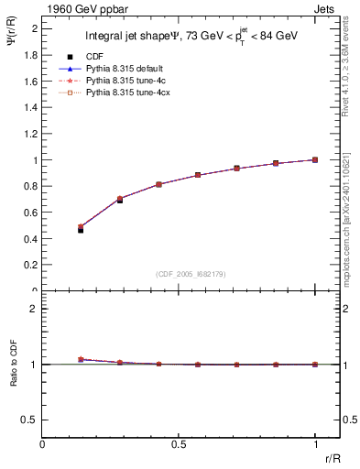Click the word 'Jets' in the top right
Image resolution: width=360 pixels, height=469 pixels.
click(x=327, y=8)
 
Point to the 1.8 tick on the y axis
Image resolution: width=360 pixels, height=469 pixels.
click(x=32, y=54)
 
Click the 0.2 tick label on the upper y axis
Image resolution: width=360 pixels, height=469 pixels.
click(x=32, y=265)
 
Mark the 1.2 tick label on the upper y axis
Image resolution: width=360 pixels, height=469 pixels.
click(x=32, y=133)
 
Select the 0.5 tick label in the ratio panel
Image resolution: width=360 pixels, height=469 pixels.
click(x=32, y=420)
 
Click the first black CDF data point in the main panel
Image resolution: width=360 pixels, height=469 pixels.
click(x=81, y=230)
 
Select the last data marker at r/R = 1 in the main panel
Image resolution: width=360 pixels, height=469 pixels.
click(x=315, y=159)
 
